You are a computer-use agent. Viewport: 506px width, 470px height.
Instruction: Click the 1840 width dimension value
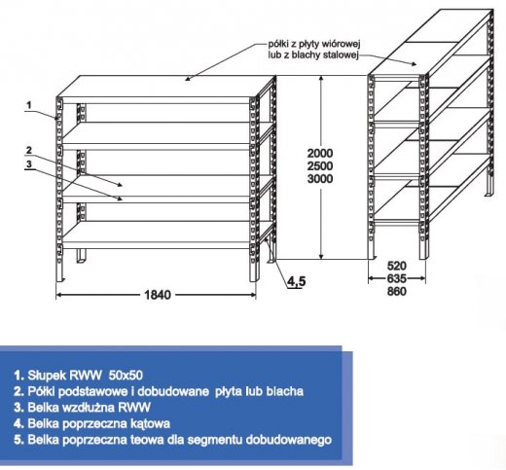158,295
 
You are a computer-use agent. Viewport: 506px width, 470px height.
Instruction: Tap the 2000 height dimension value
320,153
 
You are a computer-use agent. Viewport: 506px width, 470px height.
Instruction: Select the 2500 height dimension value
320,165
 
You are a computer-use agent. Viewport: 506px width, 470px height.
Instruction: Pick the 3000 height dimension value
320,178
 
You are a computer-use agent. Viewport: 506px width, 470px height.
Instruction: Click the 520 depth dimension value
397,266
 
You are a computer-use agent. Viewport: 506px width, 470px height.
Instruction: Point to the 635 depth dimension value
397,278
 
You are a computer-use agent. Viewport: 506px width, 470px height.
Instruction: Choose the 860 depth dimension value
397,291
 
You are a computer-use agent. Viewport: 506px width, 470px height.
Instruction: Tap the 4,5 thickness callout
297,281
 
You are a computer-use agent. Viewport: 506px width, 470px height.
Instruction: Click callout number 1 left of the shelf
29,105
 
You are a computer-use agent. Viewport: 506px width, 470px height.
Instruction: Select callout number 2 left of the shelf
29,150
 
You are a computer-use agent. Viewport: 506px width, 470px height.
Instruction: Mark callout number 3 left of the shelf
29,164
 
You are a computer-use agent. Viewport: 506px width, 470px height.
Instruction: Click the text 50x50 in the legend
126,376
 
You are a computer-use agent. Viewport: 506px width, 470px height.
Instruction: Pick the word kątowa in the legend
149,423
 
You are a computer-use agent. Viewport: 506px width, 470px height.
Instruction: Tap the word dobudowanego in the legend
289,440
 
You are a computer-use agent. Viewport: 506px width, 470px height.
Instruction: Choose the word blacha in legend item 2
285,391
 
